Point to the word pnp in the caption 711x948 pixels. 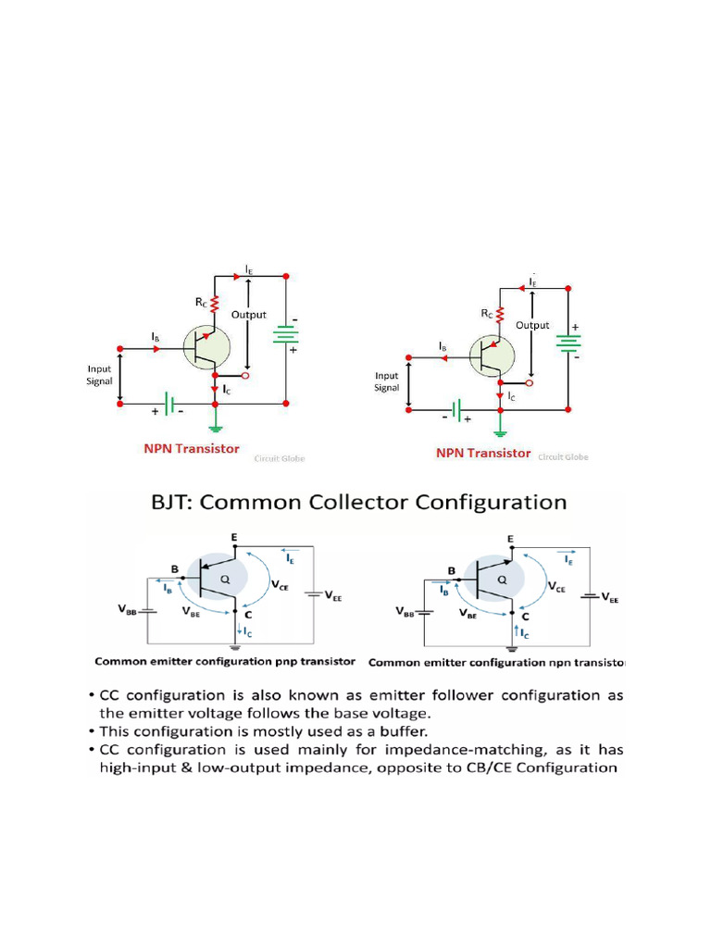tap(280, 662)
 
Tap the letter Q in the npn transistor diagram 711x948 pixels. tap(502, 579)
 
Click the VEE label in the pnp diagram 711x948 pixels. tap(331, 598)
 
